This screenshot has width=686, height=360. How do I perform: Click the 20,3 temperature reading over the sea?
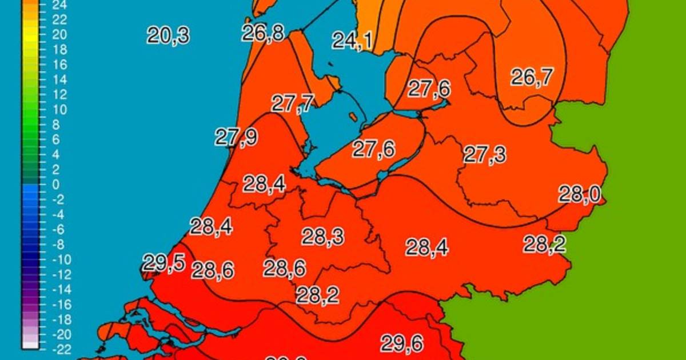pyautogui.click(x=167, y=35)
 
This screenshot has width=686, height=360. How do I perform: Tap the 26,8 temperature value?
pyautogui.click(x=262, y=33)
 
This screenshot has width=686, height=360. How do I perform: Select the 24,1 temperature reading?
pyautogui.click(x=352, y=41)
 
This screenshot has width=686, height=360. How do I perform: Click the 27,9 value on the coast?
pyautogui.click(x=236, y=137)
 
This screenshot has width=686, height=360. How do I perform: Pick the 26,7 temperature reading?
pyautogui.click(x=532, y=77)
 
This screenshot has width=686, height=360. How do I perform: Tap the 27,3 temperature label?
pyautogui.click(x=484, y=155)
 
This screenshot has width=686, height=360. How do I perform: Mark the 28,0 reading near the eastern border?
pyautogui.click(x=579, y=195)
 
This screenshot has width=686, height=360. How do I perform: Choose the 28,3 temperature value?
pyautogui.click(x=323, y=236)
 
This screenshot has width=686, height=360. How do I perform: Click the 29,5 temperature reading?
pyautogui.click(x=163, y=263)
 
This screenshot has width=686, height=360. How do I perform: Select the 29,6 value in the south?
pyautogui.click(x=402, y=343)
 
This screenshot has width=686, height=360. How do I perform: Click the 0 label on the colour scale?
pyautogui.click(x=56, y=185)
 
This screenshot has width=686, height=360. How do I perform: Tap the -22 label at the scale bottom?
pyautogui.click(x=60, y=349)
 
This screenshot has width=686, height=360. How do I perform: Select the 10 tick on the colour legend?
pyautogui.click(x=59, y=110)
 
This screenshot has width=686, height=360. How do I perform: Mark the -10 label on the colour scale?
pyautogui.click(x=60, y=259)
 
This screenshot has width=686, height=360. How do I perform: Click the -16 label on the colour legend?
pyautogui.click(x=60, y=304)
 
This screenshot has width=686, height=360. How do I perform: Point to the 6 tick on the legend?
pyautogui.click(x=56, y=139)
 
